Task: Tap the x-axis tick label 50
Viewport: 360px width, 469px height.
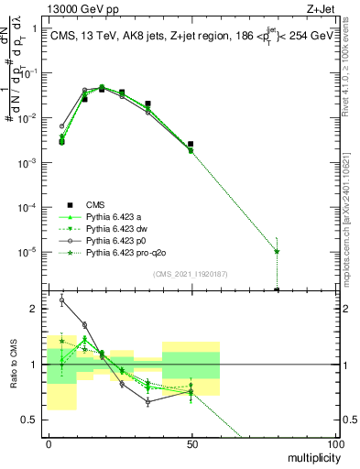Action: click(x=192, y=442)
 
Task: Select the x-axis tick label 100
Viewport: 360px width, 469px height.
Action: click(x=335, y=442)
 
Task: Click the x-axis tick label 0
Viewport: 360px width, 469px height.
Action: click(x=49, y=442)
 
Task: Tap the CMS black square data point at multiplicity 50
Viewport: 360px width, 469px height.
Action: click(x=191, y=144)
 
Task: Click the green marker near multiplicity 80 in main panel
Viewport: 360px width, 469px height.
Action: click(x=277, y=251)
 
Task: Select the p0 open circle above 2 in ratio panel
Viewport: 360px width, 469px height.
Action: click(x=61, y=300)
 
